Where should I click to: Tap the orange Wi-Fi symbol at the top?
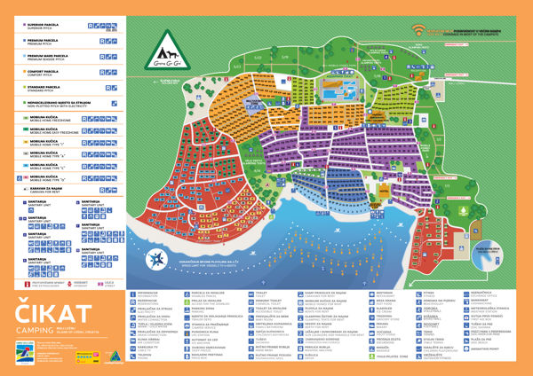click(418, 30)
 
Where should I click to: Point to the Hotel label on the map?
click(383, 190)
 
